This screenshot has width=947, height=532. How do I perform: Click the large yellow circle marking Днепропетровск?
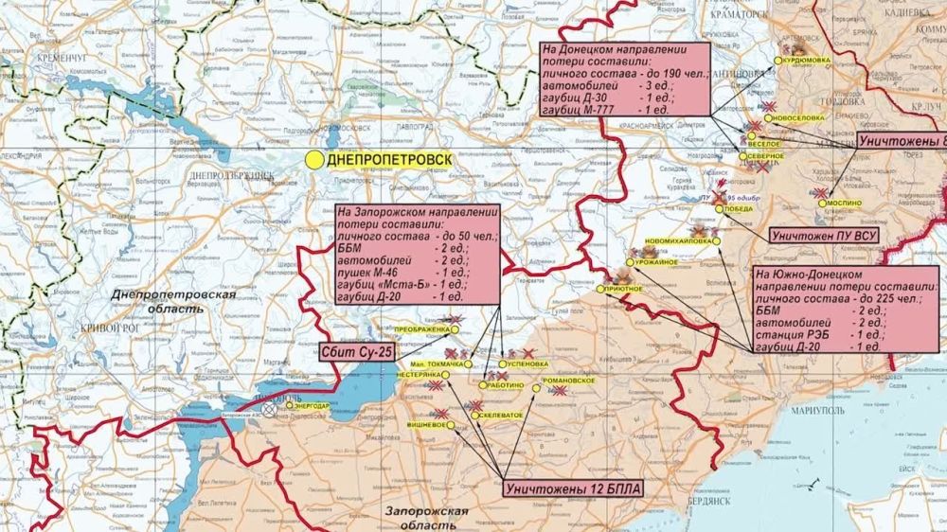tap(313, 160)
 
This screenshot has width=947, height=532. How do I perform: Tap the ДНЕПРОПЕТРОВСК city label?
tap(388, 160)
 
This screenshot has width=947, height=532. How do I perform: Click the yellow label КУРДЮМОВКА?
tap(808, 59)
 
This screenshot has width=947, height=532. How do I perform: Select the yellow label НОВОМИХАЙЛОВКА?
tap(678, 240)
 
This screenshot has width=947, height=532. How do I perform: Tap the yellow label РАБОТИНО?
tap(507, 385)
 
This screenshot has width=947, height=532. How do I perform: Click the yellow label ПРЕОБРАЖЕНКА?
tap(420, 328)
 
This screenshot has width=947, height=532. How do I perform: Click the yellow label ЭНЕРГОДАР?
tap(313, 406)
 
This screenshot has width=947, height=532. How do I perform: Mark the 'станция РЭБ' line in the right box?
tap(819, 334)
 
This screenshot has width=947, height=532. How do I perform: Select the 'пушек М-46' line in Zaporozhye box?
tap(399, 272)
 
